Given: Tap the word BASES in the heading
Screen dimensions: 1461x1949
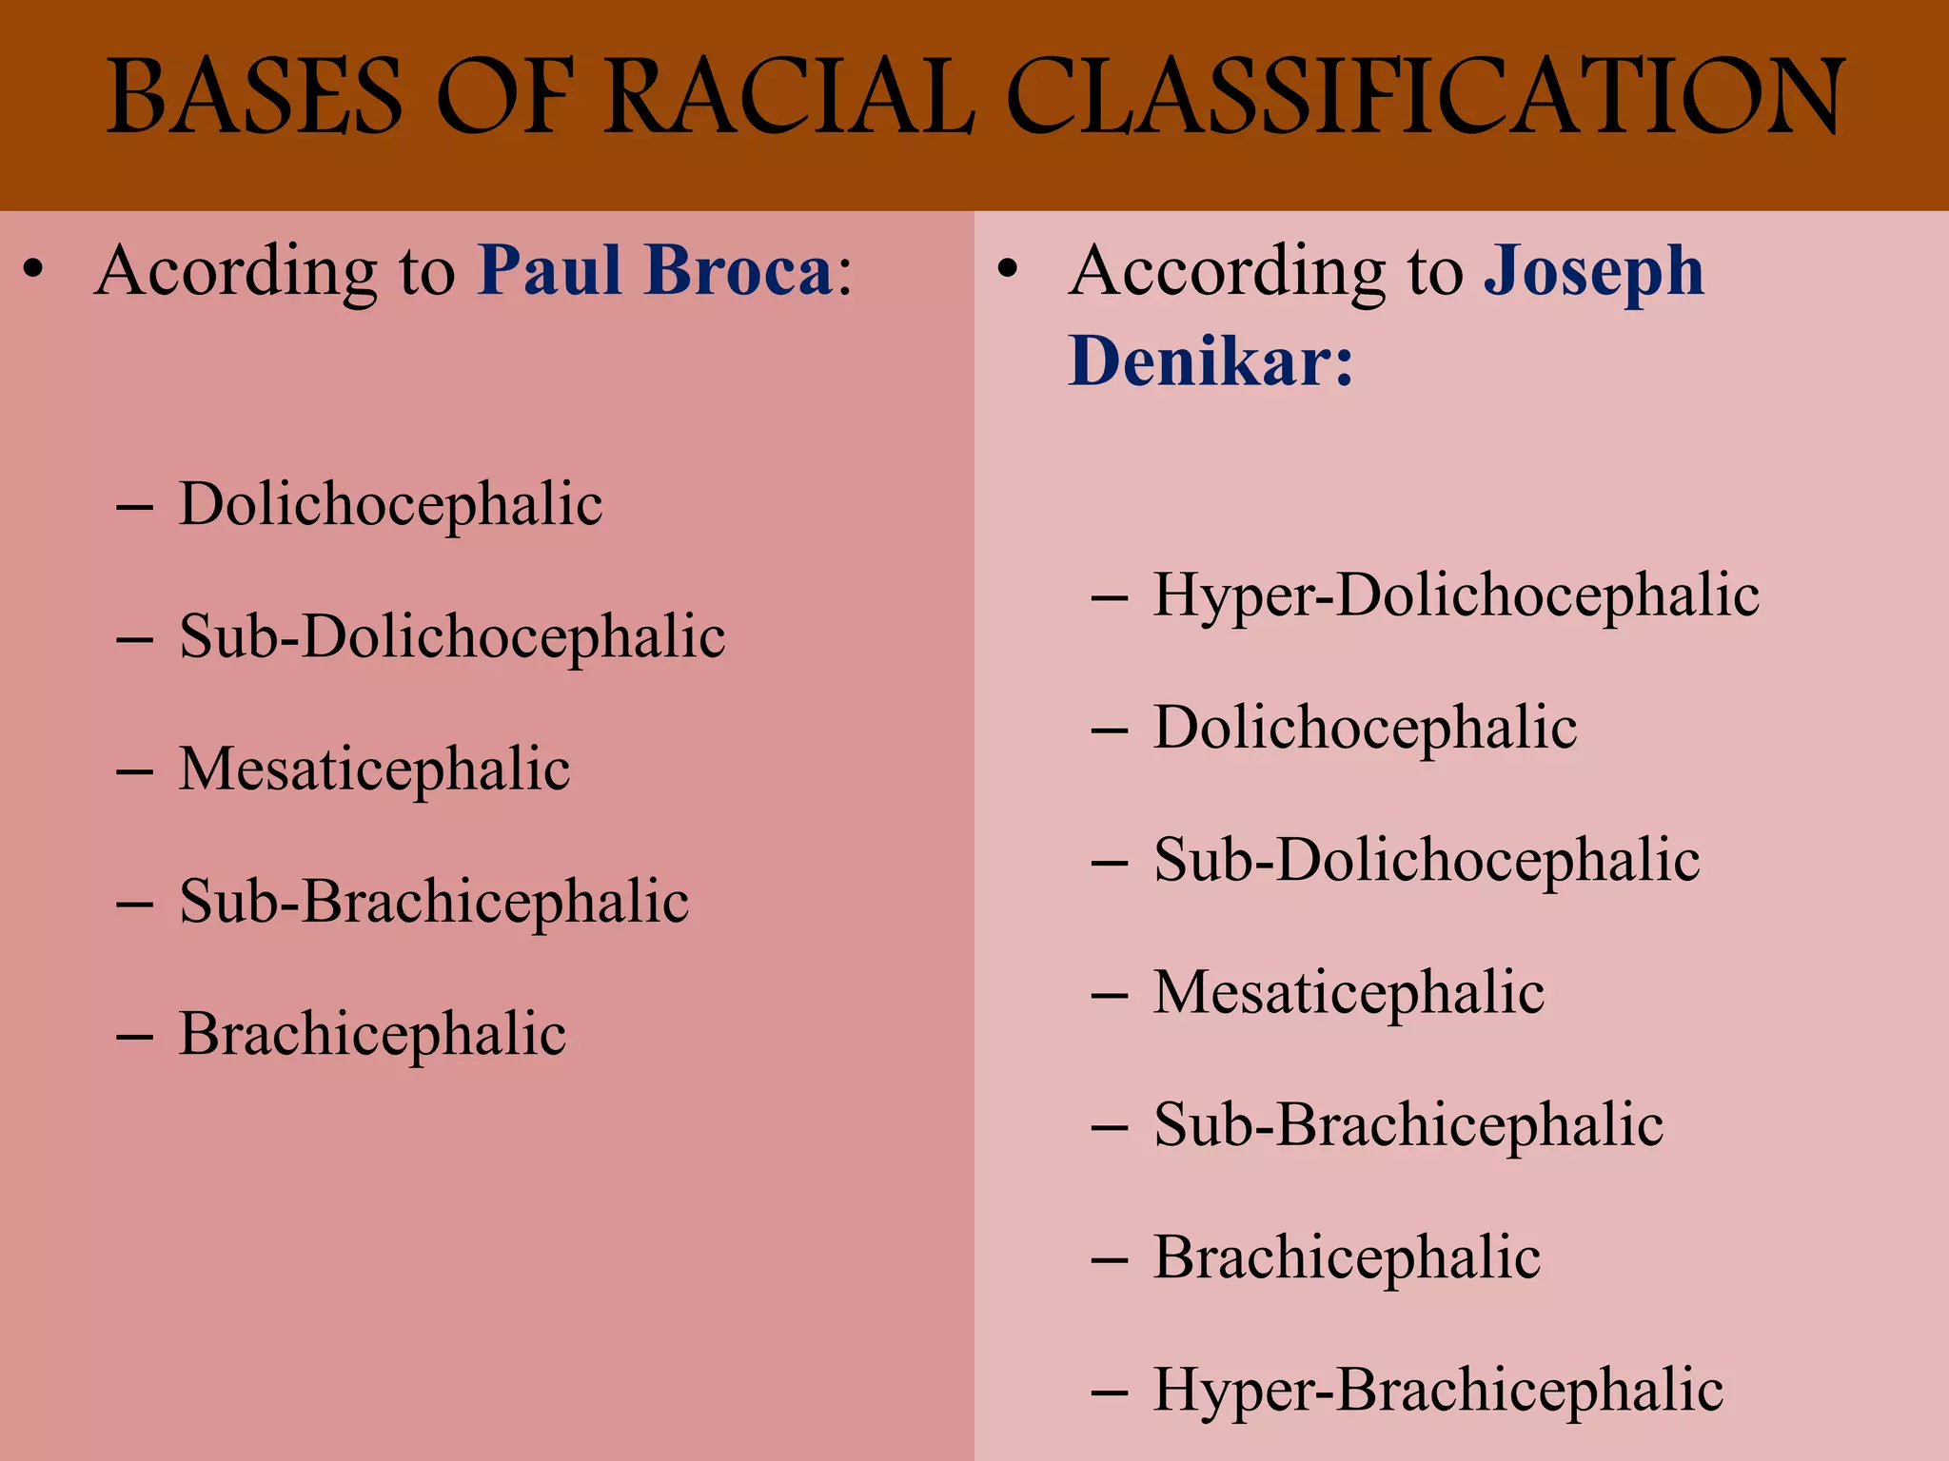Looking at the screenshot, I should point(255,98).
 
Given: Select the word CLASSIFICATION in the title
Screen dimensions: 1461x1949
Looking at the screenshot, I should point(1425,98).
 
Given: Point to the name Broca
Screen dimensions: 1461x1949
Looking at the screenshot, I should point(738,271).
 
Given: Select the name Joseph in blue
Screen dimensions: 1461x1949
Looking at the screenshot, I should point(1594,273).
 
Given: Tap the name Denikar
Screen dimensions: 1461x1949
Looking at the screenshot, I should point(1209,362).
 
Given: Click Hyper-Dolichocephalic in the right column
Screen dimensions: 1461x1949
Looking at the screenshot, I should point(1456,596).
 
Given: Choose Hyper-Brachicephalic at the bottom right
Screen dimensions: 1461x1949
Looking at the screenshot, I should point(1438,1391).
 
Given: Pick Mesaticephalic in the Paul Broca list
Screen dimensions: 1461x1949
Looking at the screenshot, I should point(374,769).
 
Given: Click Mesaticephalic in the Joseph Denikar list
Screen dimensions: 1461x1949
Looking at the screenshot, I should point(1349,994).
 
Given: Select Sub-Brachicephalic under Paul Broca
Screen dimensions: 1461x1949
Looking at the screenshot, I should point(434,902).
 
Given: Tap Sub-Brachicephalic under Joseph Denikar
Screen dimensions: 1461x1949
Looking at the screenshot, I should point(1408,1126).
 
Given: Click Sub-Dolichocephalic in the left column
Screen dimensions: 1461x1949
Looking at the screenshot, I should point(452,637).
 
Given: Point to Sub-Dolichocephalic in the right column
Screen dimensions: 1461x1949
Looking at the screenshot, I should point(1427,862).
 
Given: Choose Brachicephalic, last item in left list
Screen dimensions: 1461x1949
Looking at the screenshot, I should point(372,1034).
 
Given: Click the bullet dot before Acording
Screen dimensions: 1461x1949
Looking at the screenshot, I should point(34,270).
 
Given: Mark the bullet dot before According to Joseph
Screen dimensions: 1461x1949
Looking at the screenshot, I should point(1008,270).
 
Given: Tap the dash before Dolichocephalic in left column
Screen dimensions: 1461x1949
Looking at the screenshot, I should point(134,508).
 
